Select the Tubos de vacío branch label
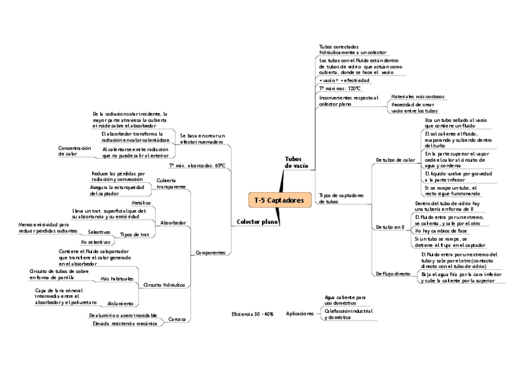coord(296,162)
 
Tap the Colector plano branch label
coord(257,221)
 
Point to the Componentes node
coord(209,253)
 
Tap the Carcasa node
coord(177,319)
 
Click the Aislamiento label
coord(120,303)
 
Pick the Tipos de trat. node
coord(135,235)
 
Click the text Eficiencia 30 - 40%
coord(252,314)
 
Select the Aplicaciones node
coord(300,314)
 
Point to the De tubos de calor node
coord(395,160)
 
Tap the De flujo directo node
coord(393,273)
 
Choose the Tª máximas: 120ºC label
coord(340,88)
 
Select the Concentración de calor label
coord(74,151)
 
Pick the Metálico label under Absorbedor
coord(142,203)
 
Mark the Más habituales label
coord(117,279)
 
